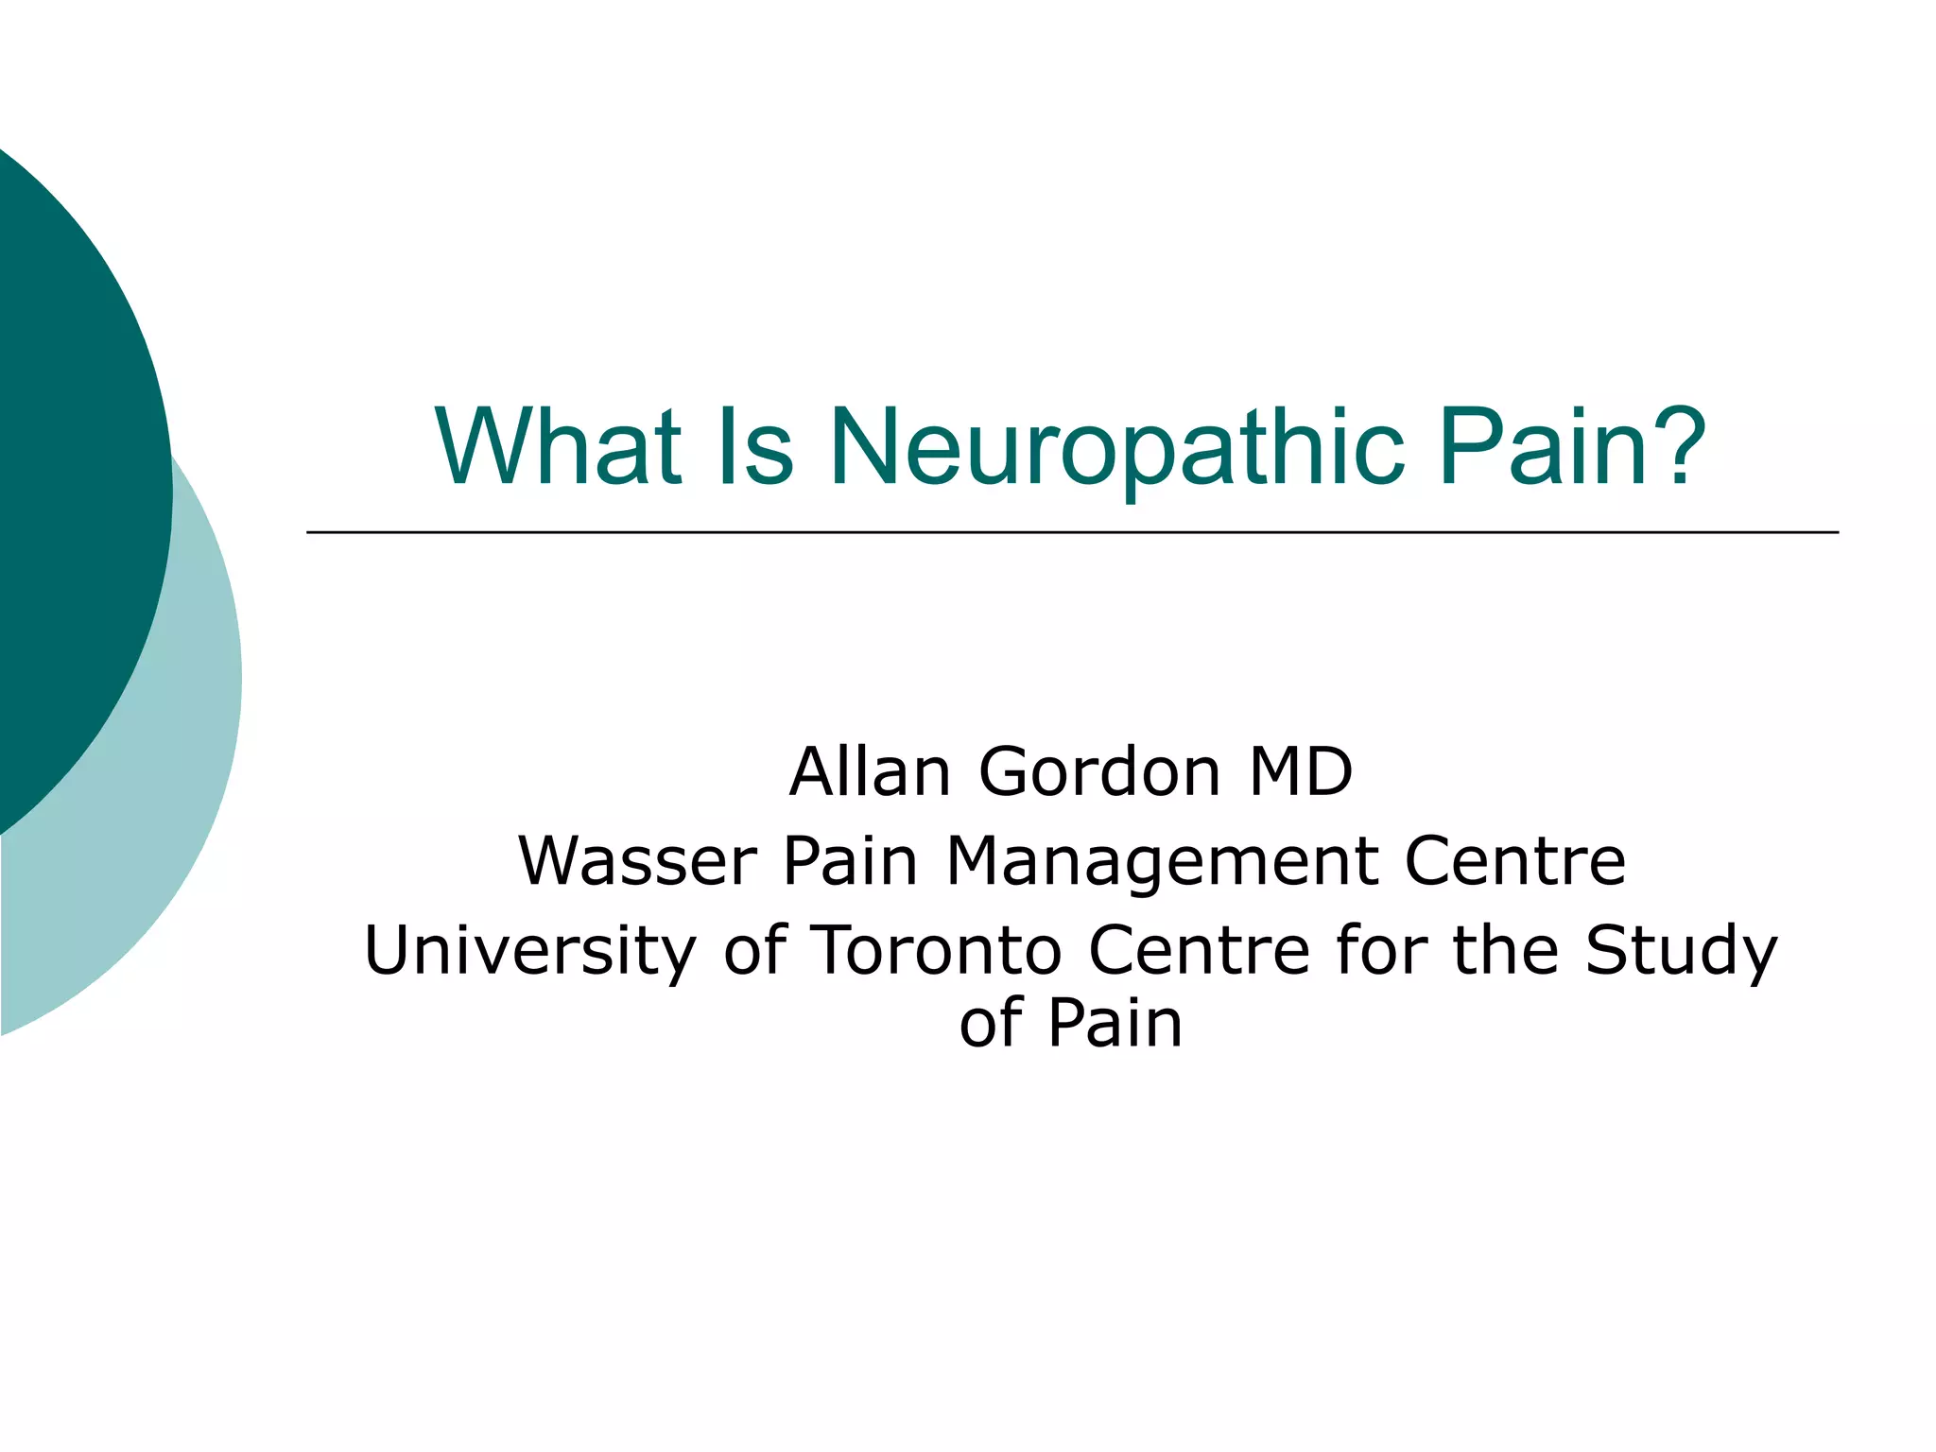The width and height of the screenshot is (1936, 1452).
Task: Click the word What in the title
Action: [x=558, y=445]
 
